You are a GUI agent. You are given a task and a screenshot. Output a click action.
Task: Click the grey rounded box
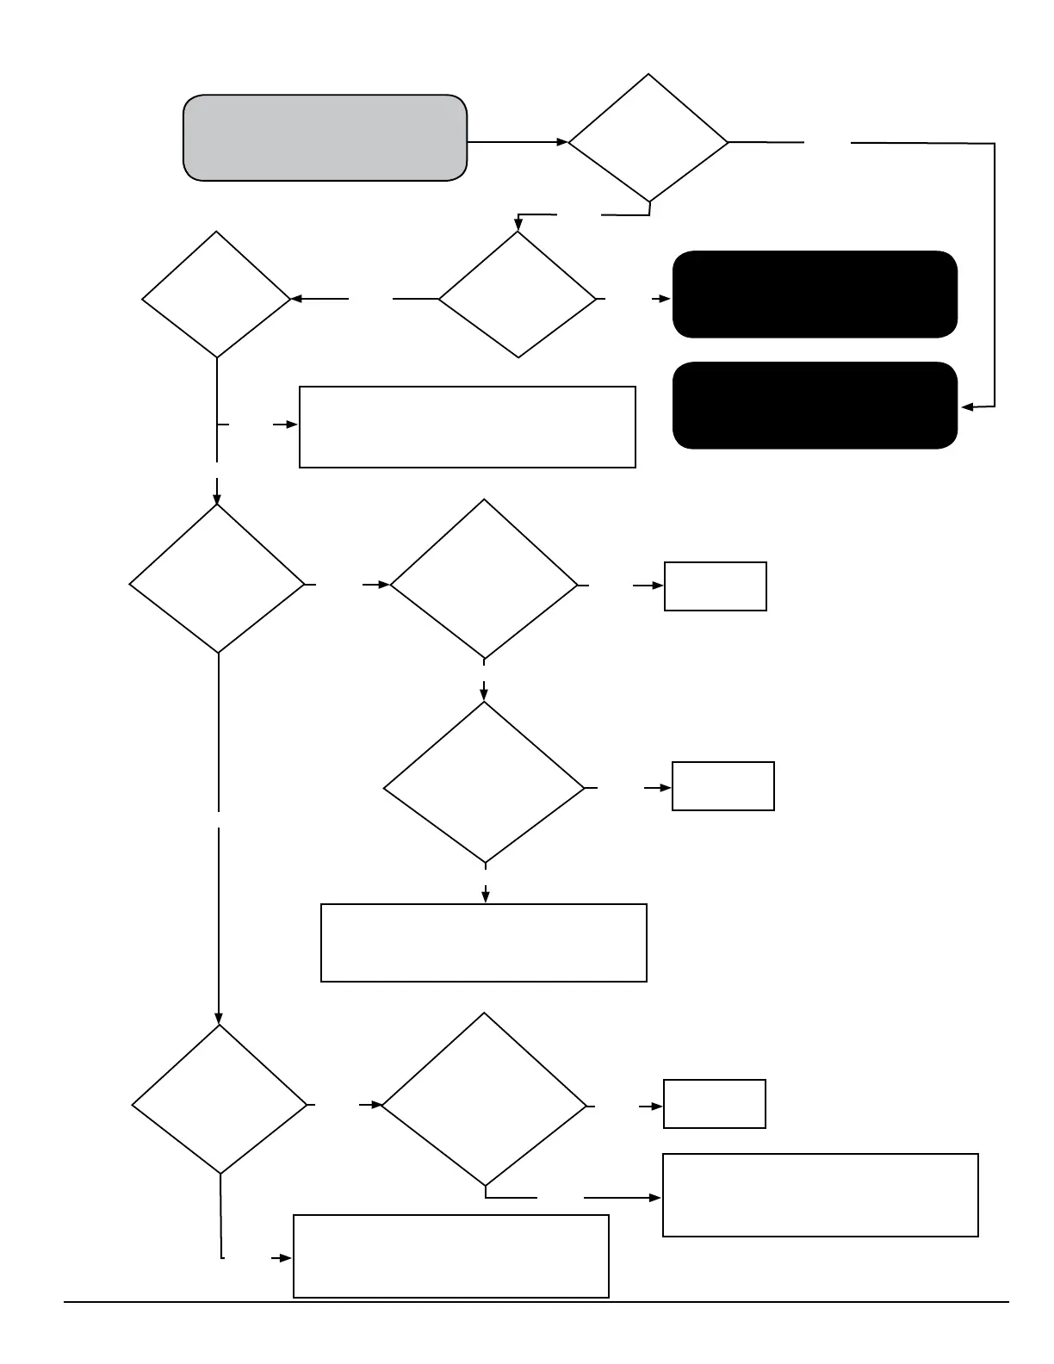point(325,138)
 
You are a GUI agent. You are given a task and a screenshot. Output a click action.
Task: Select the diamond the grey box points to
point(648,138)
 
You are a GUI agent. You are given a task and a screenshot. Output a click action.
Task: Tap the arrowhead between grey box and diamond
point(562,142)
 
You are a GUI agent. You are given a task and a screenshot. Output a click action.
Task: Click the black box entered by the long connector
point(815,406)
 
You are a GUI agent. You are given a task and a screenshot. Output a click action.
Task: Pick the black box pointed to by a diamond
point(815,294)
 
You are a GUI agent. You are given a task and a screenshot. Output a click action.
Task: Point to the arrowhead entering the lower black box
point(967,407)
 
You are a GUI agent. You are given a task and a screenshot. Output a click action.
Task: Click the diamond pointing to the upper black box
point(518,295)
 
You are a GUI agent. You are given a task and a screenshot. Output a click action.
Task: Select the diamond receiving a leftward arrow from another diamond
point(216,295)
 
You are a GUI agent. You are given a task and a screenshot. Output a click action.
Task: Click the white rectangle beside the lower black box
point(467,427)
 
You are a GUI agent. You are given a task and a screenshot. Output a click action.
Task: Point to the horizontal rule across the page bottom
point(536,1302)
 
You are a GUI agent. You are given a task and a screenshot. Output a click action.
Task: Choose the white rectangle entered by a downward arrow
point(483,943)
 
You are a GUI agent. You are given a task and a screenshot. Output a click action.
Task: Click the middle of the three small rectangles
point(722,786)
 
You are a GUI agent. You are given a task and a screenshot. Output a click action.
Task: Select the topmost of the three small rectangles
point(715,586)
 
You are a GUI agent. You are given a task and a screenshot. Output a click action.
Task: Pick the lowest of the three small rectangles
point(714,1104)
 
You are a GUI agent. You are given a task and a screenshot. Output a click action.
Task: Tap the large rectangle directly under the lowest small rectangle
point(820,1195)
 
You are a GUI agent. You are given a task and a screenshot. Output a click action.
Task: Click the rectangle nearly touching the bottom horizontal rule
point(451,1256)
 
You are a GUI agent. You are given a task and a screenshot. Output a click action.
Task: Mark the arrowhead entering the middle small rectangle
point(666,787)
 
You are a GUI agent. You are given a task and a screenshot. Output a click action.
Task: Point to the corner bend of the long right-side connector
point(995,144)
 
